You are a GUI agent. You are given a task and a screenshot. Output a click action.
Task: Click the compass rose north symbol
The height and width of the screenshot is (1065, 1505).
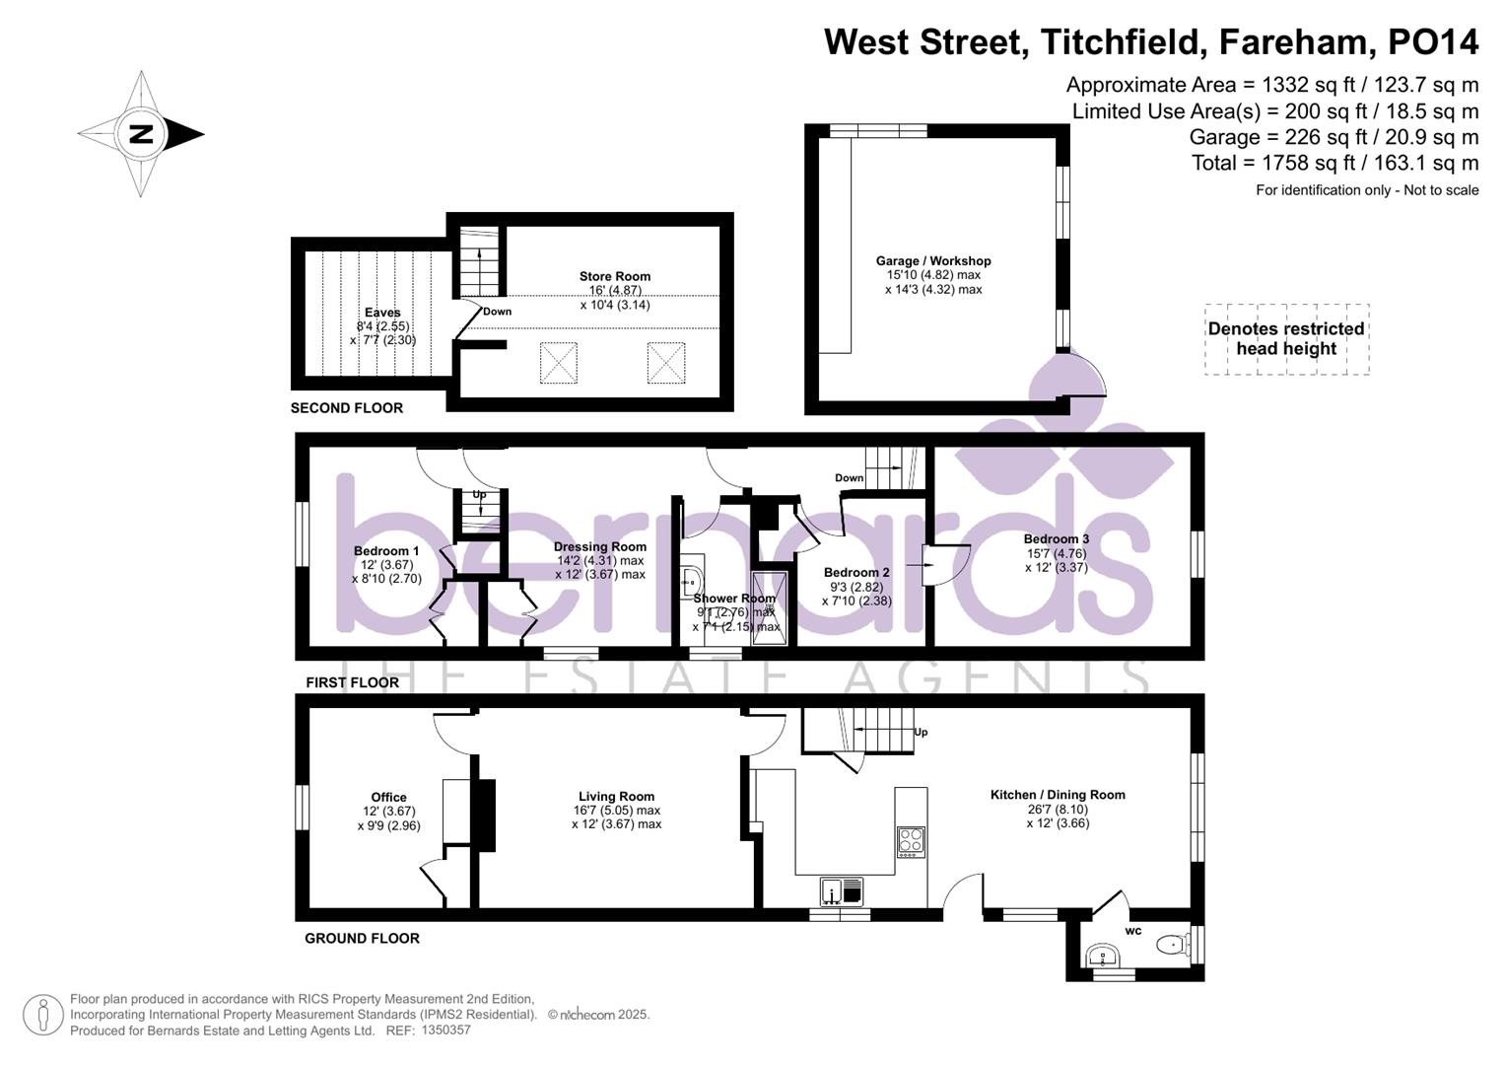pyautogui.click(x=142, y=134)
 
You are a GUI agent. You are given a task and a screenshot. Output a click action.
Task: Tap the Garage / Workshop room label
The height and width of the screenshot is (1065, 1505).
pyautogui.click(x=933, y=261)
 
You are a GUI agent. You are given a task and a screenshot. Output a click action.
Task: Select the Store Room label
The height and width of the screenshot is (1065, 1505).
pyautogui.click(x=615, y=277)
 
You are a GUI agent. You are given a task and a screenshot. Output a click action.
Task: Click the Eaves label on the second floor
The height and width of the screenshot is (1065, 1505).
pyautogui.click(x=382, y=313)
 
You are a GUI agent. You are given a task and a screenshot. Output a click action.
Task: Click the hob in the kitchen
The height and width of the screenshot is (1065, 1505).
pyautogui.click(x=911, y=841)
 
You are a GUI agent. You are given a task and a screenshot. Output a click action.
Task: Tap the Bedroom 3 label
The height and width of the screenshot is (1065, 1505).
pyautogui.click(x=1056, y=539)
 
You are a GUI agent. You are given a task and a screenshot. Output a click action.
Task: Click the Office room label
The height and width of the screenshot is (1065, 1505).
pyautogui.click(x=388, y=798)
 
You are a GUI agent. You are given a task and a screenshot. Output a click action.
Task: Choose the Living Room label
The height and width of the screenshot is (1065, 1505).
pyautogui.click(x=616, y=797)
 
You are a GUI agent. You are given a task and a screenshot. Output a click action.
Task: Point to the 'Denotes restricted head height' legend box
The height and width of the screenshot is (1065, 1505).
pyautogui.click(x=1286, y=339)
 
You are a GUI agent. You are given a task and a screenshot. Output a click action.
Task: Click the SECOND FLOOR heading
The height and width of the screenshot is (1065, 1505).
pyautogui.click(x=347, y=408)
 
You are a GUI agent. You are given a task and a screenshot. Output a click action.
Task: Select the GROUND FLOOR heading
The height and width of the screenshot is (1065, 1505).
pyautogui.click(x=362, y=939)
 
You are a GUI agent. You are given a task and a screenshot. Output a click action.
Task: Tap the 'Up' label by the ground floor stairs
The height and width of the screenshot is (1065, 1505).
pyautogui.click(x=921, y=733)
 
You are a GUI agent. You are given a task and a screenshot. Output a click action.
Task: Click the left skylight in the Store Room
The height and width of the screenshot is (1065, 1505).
pyautogui.click(x=559, y=363)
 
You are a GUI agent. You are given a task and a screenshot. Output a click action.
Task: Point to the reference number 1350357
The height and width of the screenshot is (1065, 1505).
pyautogui.click(x=445, y=1030)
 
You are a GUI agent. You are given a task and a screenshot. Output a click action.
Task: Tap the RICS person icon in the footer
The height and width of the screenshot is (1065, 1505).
pyautogui.click(x=42, y=1015)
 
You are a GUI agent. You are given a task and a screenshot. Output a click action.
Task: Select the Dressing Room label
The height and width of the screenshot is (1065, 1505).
pyautogui.click(x=600, y=547)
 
